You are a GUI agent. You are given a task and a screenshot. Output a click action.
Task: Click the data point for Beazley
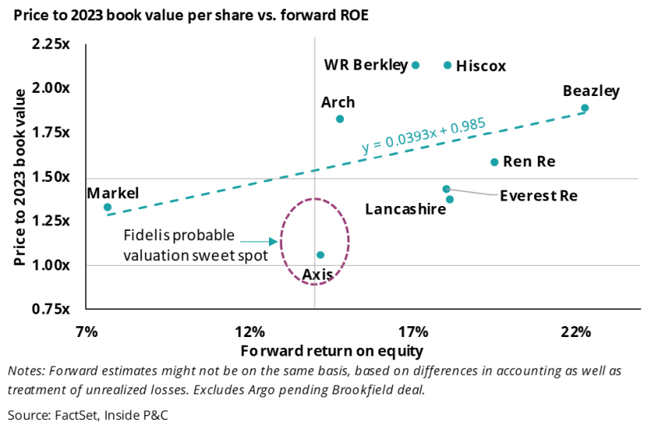585,108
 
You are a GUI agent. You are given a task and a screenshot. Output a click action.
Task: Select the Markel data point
108,208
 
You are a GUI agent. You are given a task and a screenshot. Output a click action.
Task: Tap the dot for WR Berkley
415,65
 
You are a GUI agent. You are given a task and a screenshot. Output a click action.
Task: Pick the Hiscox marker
448,65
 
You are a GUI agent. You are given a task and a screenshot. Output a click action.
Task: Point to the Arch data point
339,119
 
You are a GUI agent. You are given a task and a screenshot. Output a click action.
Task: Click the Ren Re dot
494,162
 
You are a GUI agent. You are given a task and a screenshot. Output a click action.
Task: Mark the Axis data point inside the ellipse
321,255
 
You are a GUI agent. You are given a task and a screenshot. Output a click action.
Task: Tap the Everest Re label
539,195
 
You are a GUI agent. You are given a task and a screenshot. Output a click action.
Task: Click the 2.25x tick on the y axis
51,43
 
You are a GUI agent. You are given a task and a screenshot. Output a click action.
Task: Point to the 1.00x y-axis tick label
51,265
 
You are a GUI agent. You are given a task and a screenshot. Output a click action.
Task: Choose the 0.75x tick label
51,309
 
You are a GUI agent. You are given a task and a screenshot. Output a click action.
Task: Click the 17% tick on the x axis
413,332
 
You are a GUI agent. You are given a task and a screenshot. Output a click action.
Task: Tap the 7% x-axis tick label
87,332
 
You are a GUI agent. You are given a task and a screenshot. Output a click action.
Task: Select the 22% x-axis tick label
576,332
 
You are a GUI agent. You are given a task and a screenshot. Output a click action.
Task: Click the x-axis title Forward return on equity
332,351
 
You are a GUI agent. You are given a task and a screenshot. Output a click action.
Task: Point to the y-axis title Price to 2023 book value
20,177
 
